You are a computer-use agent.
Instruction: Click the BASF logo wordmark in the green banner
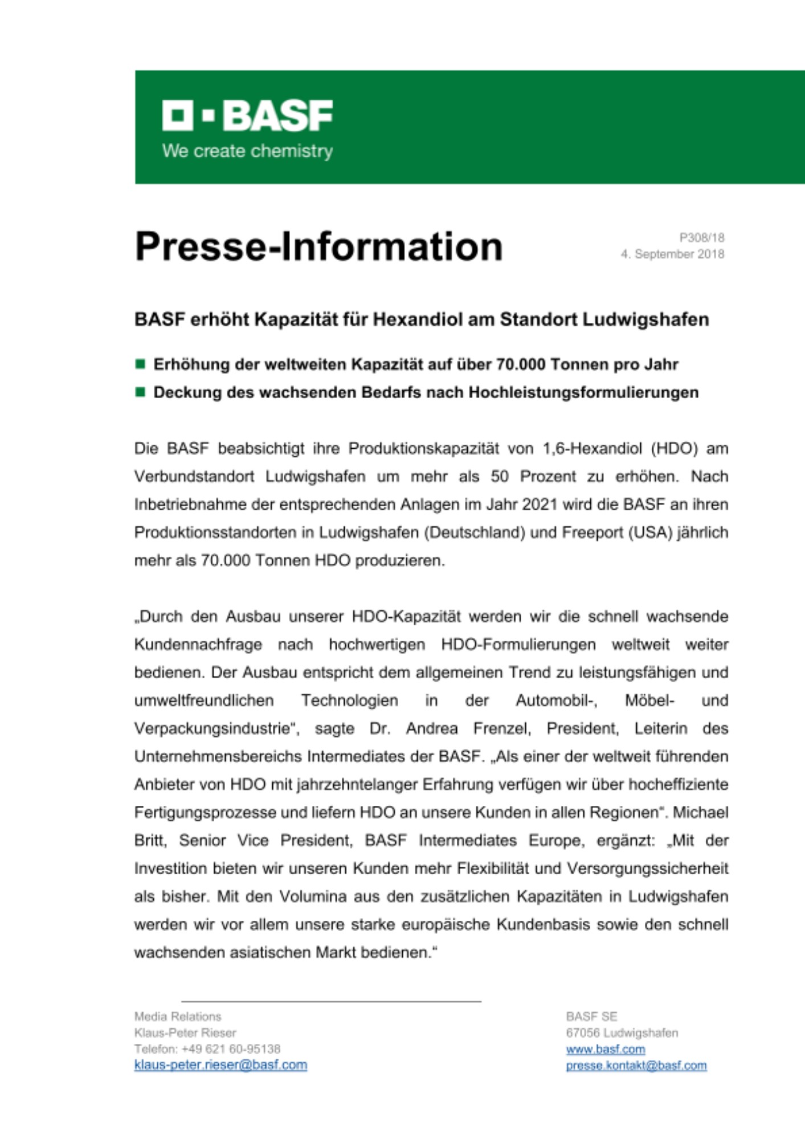247,116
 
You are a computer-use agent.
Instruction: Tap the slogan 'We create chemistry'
247,151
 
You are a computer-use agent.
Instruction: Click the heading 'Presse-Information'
318,247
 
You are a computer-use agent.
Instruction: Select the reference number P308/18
701,237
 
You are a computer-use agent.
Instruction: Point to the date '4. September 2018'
672,254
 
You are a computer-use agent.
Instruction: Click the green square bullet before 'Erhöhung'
140,364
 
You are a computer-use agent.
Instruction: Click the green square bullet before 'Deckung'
140,392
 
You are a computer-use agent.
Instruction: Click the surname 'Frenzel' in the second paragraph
502,728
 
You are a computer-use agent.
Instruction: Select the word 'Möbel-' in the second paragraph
649,700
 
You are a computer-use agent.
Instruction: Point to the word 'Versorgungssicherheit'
647,868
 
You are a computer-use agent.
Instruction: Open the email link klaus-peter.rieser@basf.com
220,1065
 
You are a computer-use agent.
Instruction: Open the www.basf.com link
605,1049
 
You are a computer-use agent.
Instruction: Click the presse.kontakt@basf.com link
636,1066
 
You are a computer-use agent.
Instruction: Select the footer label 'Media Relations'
178,1017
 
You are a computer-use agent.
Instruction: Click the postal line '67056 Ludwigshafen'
622,1033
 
